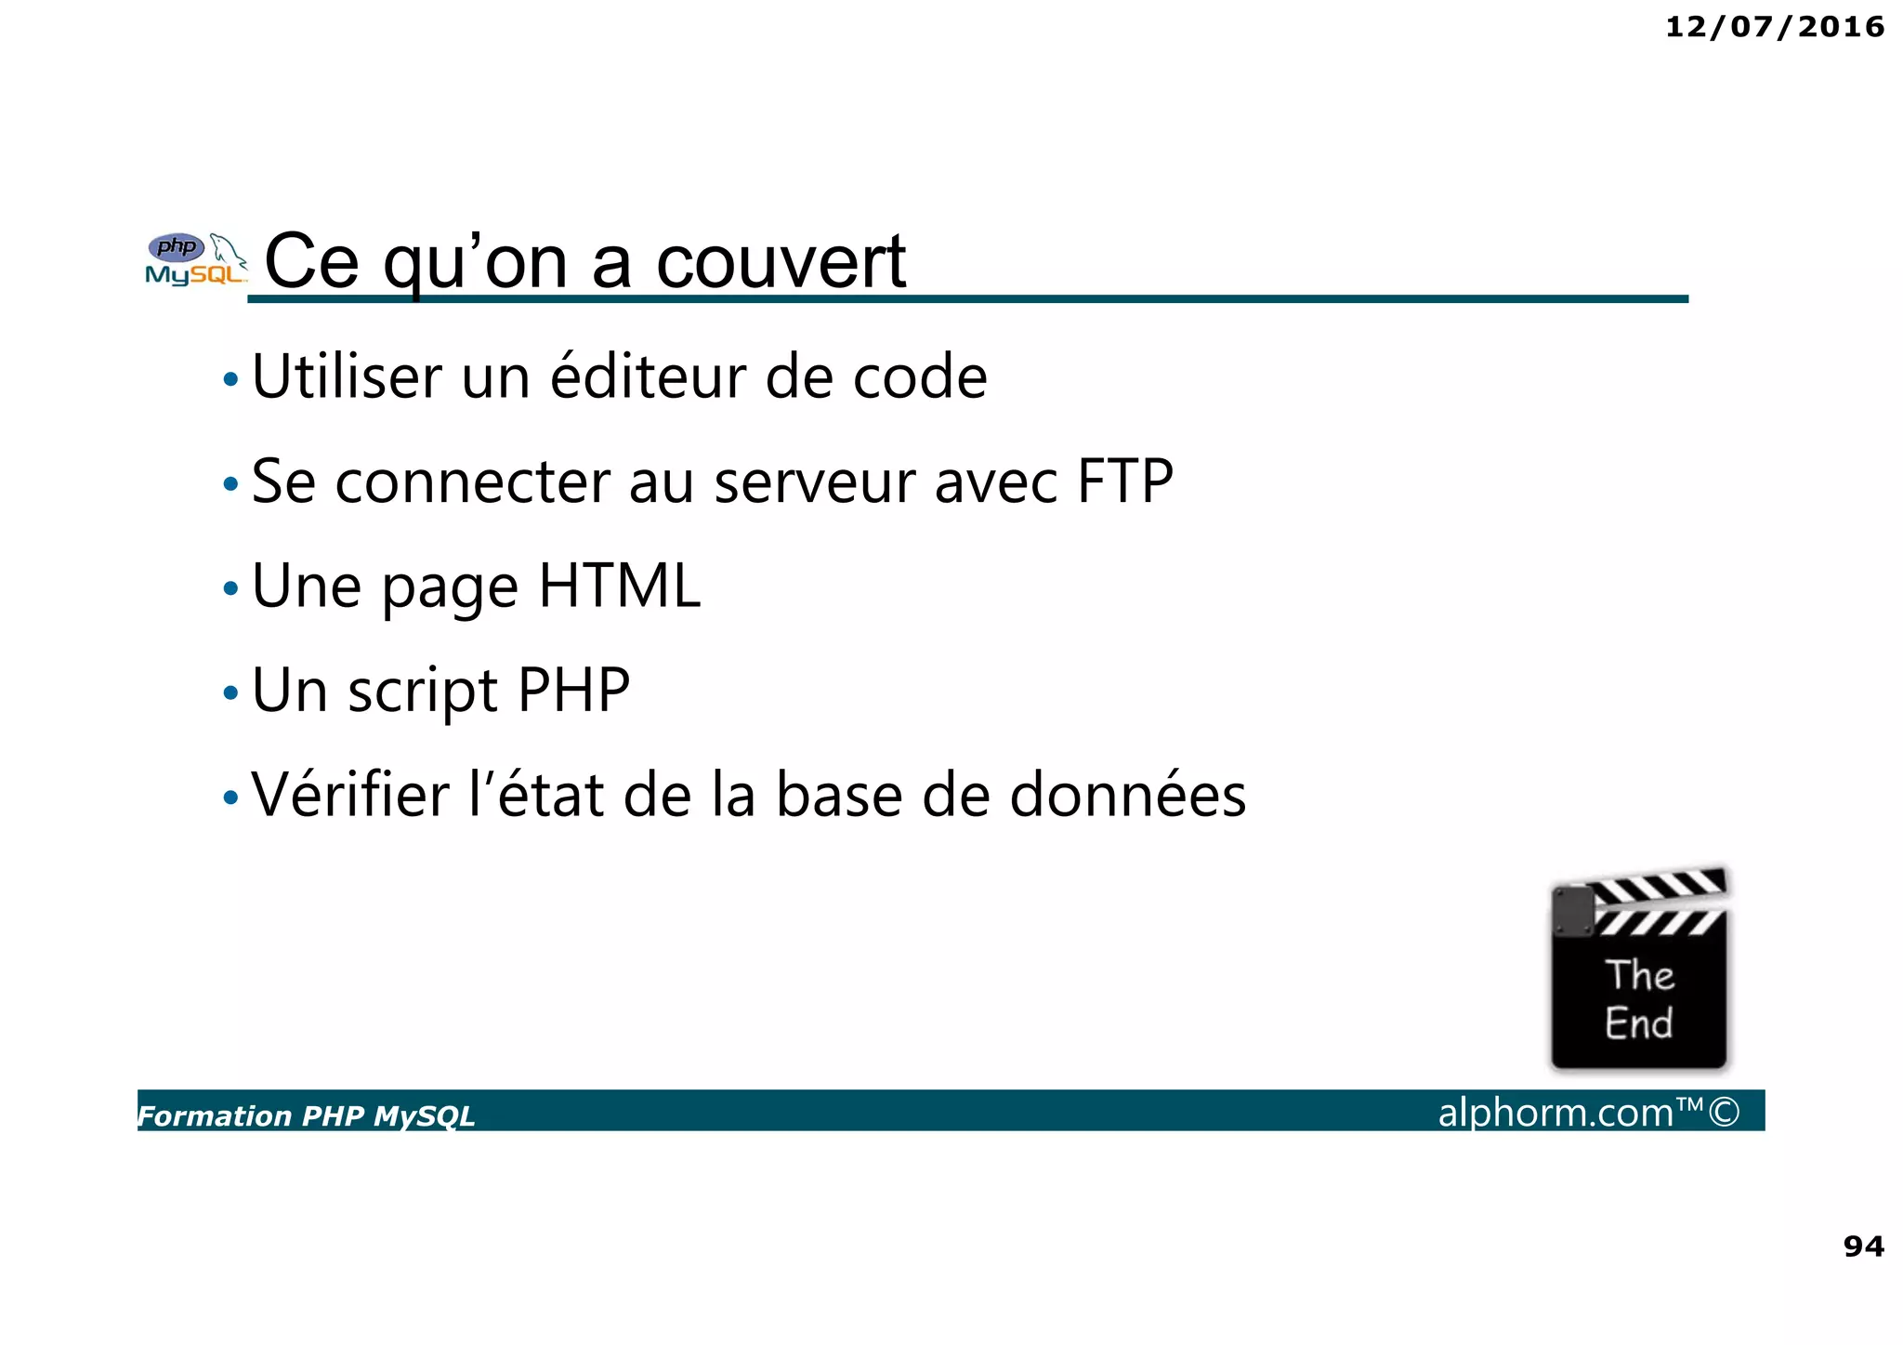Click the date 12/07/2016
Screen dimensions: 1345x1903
coord(1774,27)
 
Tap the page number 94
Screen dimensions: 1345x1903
coord(1863,1246)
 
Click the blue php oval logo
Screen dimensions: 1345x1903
coord(176,247)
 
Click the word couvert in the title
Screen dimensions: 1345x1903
coord(781,263)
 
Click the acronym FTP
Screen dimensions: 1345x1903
coord(1124,481)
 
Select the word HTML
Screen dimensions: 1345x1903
coord(619,587)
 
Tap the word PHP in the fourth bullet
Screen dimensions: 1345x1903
coord(573,691)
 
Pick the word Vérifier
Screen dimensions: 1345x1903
coord(350,796)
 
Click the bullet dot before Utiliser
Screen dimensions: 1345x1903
coord(230,379)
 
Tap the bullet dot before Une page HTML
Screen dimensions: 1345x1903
coord(230,588)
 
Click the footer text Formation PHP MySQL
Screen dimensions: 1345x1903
coord(306,1115)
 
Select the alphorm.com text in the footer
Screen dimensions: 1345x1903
coord(1555,1113)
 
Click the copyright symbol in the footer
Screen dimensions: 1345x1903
coord(1724,1112)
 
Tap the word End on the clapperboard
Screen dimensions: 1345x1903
coord(1638,1023)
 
